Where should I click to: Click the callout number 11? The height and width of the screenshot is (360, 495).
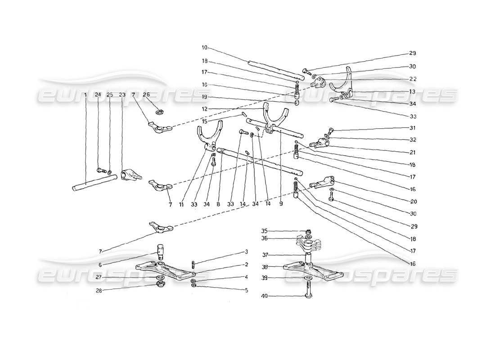pos(181,204)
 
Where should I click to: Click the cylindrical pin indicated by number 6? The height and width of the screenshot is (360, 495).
pos(160,249)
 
